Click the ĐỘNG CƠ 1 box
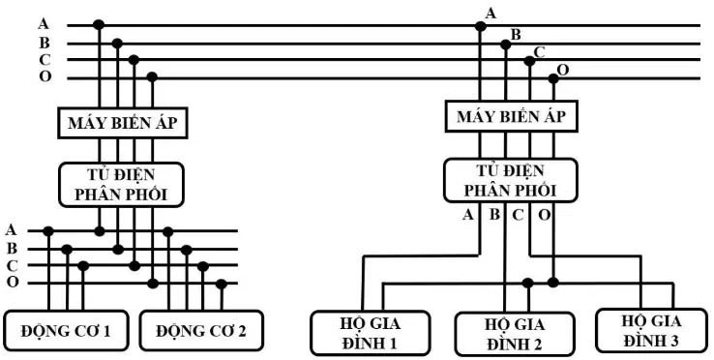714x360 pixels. click(67, 330)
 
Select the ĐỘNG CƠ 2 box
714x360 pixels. click(201, 330)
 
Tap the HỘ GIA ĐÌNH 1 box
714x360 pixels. click(371, 333)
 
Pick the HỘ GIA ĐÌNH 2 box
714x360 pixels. click(515, 334)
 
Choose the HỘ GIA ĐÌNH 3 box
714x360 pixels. click(652, 330)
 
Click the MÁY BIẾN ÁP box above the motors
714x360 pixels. click(123, 123)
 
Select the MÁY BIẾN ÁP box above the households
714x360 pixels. click(512, 116)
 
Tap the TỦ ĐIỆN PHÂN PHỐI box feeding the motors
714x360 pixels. click(121, 185)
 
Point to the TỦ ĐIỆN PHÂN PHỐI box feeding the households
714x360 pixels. click(511, 180)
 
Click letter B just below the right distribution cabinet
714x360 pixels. click(494, 214)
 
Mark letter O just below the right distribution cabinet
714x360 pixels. click(545, 214)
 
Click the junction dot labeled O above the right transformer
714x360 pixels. click(553, 78)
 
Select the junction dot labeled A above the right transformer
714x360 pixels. click(480, 26)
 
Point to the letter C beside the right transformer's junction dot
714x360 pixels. click(539, 52)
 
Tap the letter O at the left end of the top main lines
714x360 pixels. click(45, 76)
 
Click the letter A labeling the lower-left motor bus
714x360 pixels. click(11, 229)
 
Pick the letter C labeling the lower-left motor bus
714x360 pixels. click(13, 265)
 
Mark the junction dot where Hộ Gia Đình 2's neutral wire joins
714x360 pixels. click(527, 283)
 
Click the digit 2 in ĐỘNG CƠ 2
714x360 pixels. click(241, 331)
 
